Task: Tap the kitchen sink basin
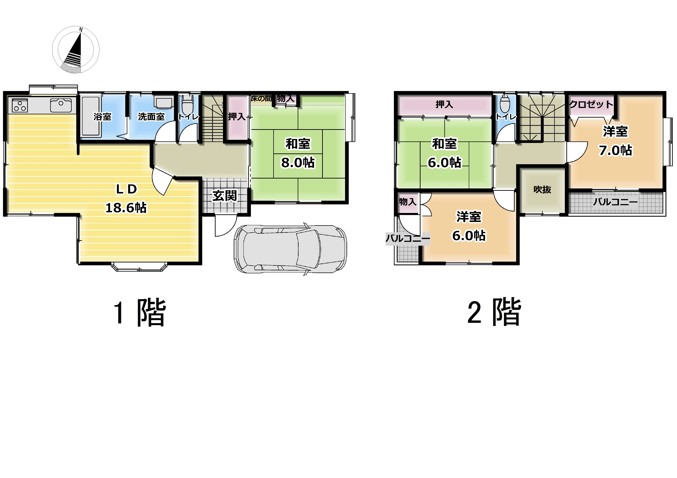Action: [61, 105]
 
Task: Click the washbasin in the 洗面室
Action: [164, 102]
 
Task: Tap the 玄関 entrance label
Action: [225, 196]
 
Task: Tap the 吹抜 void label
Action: [542, 190]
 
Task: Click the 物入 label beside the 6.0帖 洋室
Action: [408, 202]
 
